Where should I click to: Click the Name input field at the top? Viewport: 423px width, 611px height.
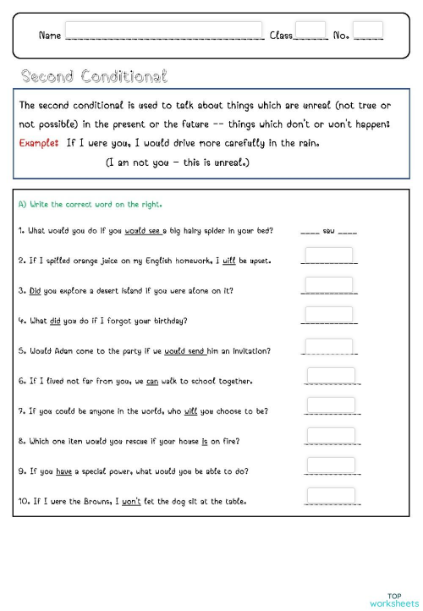click(x=163, y=31)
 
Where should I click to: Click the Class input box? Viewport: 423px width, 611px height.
click(x=310, y=31)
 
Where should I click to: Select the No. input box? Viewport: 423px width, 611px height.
click(x=368, y=31)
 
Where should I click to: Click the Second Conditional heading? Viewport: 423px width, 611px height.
click(x=94, y=77)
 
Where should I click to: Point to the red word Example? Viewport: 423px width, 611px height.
click(x=38, y=142)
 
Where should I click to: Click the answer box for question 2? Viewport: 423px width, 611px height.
click(x=328, y=256)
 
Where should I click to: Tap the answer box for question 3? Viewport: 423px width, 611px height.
click(x=328, y=285)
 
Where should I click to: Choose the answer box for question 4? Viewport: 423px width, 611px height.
click(x=328, y=315)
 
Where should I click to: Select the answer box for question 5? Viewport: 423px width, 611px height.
click(x=328, y=346)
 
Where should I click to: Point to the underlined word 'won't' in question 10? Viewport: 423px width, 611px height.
click(x=131, y=501)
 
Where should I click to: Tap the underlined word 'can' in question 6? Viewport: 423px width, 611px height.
click(x=152, y=381)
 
